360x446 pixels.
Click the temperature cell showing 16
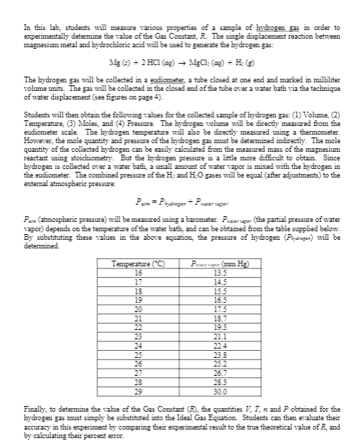(139, 252)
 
